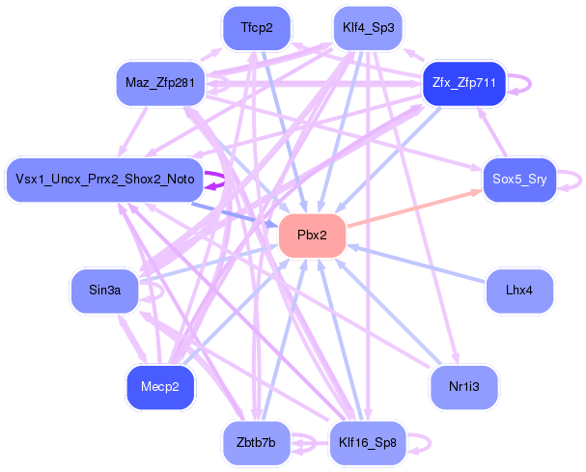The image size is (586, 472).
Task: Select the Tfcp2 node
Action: point(257,28)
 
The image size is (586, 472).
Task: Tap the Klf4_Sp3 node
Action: point(368,28)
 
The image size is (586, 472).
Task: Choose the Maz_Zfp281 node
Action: point(160,84)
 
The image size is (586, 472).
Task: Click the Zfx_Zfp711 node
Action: point(464,84)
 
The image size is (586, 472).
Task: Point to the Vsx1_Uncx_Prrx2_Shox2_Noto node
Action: point(104,180)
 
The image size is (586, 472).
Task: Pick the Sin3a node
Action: point(104,290)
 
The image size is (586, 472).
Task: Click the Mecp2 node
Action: point(160,386)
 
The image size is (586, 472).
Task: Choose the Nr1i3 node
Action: point(464,386)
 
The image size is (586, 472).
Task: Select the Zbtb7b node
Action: point(257,443)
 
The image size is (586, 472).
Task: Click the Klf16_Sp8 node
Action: point(368,443)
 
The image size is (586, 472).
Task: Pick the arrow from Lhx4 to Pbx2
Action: point(415,263)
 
